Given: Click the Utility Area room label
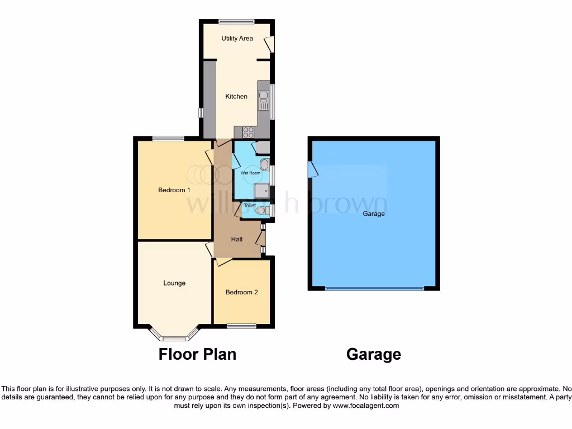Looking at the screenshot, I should (237, 39).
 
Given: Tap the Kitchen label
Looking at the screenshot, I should (236, 97).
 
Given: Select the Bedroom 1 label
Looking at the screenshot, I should (174, 190).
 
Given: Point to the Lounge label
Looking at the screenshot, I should (174, 283).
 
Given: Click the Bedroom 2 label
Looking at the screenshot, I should (241, 292).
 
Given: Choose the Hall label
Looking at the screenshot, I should (237, 240).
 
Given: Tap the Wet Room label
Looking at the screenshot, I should (250, 173).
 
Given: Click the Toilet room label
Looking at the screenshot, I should (250, 206).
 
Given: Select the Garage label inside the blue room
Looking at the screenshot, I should (374, 214).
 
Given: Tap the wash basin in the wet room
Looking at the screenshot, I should (264, 164).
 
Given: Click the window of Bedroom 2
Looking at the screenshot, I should (241, 326).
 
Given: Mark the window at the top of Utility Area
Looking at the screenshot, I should (236, 22).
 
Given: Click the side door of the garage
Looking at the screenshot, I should (312, 168).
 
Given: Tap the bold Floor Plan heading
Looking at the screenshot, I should (197, 354).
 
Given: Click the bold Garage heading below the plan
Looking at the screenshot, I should (374, 354).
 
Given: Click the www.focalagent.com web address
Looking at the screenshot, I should (366, 406).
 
